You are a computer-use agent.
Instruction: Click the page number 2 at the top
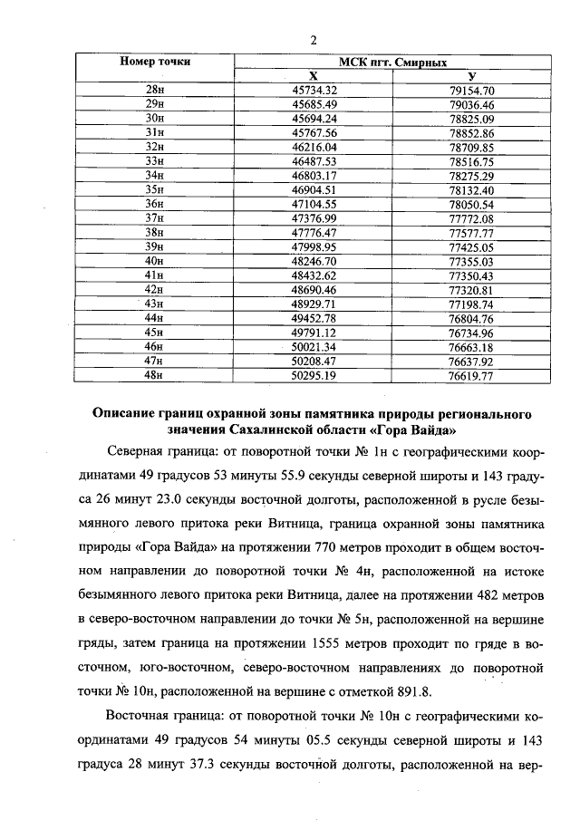click(x=314, y=39)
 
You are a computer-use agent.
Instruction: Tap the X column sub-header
click(x=314, y=76)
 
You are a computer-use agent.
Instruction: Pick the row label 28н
click(x=155, y=90)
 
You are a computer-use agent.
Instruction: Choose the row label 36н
click(x=155, y=204)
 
